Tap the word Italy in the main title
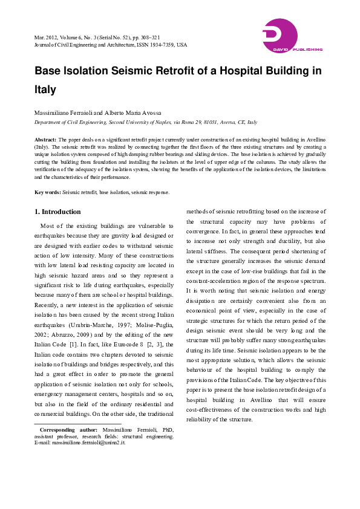(45, 90)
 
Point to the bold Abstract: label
(45, 139)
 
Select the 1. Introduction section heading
(57, 212)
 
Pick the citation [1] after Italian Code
(123, 344)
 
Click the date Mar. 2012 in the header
(47, 37)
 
